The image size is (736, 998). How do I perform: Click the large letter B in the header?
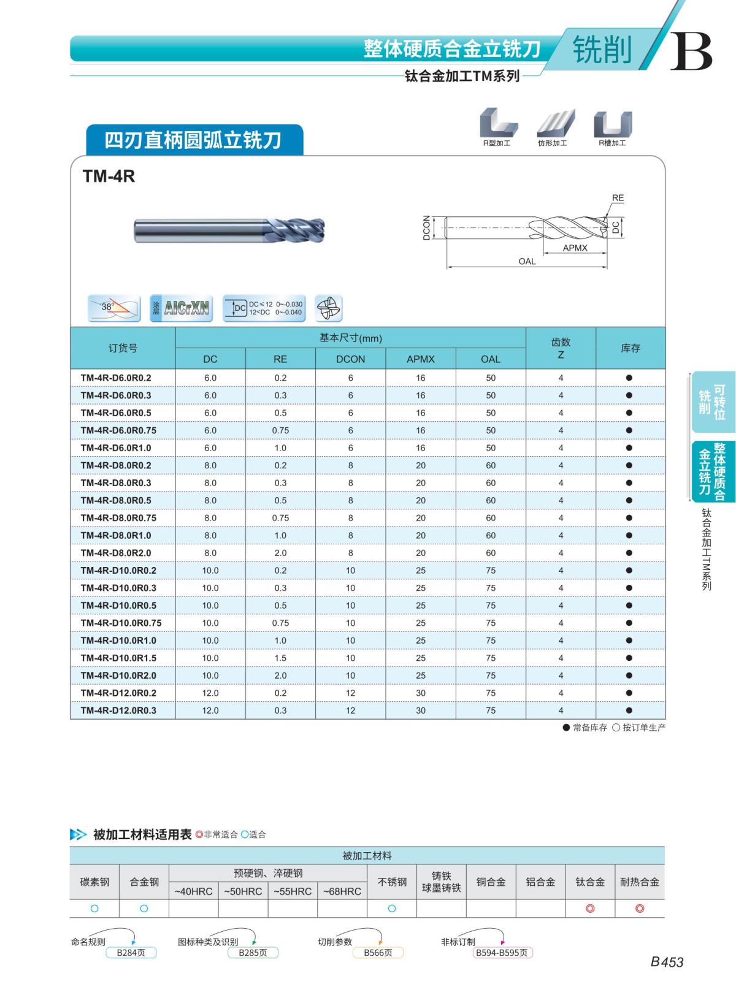tap(691, 51)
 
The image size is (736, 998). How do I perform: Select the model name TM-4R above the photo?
tap(109, 177)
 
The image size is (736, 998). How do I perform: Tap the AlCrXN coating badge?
tap(181, 308)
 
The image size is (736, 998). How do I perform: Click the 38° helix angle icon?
tap(114, 308)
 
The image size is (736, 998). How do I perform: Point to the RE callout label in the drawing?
tap(618, 198)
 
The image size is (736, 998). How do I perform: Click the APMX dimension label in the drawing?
tap(575, 248)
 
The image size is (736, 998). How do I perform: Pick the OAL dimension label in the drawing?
tap(527, 261)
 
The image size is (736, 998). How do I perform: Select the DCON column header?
tap(350, 359)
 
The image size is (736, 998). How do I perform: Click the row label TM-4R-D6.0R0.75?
tap(118, 430)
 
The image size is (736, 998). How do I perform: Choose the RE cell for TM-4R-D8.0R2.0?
tap(280, 553)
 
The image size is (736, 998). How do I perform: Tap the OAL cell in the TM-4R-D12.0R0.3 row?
tap(491, 710)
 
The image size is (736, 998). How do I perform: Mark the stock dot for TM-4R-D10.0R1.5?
tap(629, 658)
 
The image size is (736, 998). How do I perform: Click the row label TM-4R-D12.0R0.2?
tap(118, 693)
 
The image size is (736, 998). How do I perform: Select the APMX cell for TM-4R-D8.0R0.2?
tap(421, 465)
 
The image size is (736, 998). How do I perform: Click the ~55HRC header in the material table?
tap(293, 891)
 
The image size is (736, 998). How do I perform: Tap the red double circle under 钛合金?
tap(590, 908)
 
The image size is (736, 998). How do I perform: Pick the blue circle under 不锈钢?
tap(392, 908)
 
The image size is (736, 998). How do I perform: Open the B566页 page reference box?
tap(377, 953)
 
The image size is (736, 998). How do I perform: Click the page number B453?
tap(667, 962)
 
